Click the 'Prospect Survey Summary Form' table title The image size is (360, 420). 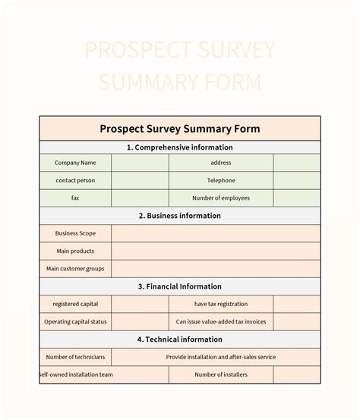(x=180, y=128)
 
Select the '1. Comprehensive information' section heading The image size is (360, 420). (x=180, y=147)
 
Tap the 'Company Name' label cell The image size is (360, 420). (x=75, y=163)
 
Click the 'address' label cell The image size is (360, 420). (x=221, y=163)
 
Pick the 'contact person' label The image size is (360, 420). (x=75, y=180)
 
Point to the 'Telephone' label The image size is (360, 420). (x=221, y=180)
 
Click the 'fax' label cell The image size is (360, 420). (x=75, y=197)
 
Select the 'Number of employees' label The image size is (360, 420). (x=221, y=197)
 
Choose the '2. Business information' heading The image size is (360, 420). (x=180, y=216)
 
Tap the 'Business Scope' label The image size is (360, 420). (x=75, y=233)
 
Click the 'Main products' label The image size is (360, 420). (x=75, y=251)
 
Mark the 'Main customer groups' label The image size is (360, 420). (x=75, y=268)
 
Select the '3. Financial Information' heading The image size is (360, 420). (x=180, y=286)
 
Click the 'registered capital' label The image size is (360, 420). (x=75, y=304)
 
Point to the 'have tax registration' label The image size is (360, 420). (x=221, y=304)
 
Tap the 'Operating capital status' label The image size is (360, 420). (x=75, y=321)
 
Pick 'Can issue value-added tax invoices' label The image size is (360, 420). (x=221, y=321)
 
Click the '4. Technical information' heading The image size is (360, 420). (x=180, y=339)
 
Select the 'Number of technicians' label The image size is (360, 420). (x=75, y=357)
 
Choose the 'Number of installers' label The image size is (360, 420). (x=221, y=374)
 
